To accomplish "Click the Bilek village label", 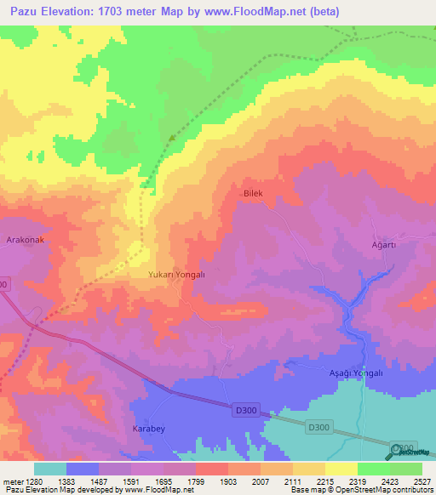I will [255, 194].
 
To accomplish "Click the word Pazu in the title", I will [28, 11].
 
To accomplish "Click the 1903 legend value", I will [228, 481].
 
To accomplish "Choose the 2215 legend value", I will [324, 481].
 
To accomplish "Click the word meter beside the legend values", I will [13, 481].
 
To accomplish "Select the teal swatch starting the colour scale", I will [50, 469].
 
